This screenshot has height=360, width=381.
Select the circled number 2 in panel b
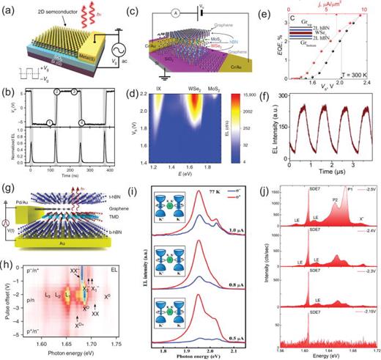pyautogui.click(x=52, y=91)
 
